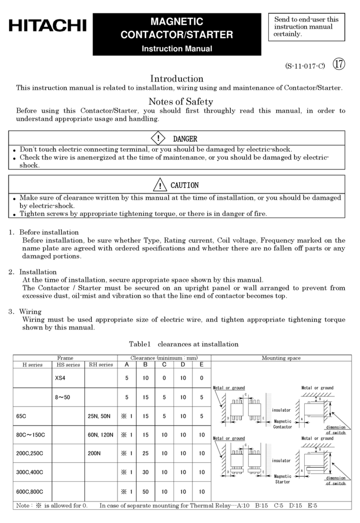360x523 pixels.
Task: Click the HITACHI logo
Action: [47, 26]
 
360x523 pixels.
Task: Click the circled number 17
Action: [339, 65]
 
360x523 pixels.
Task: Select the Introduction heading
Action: [177, 79]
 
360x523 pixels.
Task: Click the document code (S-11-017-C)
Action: [305, 66]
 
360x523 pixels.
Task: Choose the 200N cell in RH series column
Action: [95, 453]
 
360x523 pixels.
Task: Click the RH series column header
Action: [100, 365]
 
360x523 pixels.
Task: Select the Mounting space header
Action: [281, 358]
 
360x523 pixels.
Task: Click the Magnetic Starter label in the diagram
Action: [282, 479]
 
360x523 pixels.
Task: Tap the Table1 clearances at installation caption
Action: [183, 344]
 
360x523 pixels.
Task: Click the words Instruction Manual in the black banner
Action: [176, 49]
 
